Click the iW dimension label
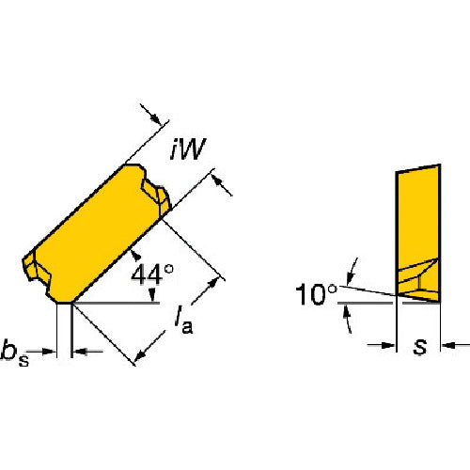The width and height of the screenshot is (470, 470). (x=188, y=149)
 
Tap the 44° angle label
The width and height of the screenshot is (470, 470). (x=152, y=274)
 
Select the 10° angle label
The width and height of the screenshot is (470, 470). (x=316, y=294)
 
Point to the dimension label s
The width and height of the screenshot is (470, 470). (x=420, y=347)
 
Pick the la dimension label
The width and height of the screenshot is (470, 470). (x=184, y=321)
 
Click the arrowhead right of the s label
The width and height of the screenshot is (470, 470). (x=449, y=346)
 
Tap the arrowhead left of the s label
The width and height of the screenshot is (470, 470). (x=388, y=346)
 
